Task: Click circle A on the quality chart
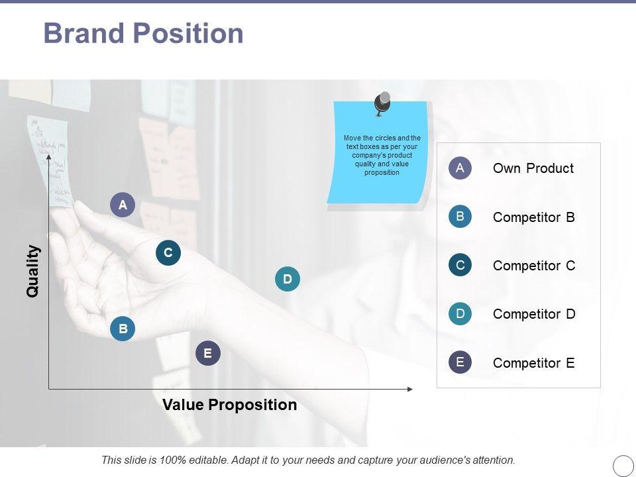tap(123, 205)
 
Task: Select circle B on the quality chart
tap(123, 328)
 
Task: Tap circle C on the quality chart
tap(168, 252)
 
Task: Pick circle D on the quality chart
tap(287, 279)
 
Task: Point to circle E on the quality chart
tap(207, 353)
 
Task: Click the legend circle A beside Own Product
tap(460, 168)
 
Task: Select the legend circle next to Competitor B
tap(460, 216)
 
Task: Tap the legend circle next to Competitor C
tap(460, 265)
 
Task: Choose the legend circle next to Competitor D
tap(460, 313)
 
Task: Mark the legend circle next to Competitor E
tap(460, 362)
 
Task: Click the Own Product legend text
tap(533, 168)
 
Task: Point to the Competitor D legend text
tap(534, 314)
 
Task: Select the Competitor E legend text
tap(534, 362)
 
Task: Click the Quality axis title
tap(32, 271)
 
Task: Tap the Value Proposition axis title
tap(230, 405)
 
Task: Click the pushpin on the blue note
tap(382, 103)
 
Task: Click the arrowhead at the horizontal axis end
tap(409, 389)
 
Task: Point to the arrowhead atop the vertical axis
tap(48, 157)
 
